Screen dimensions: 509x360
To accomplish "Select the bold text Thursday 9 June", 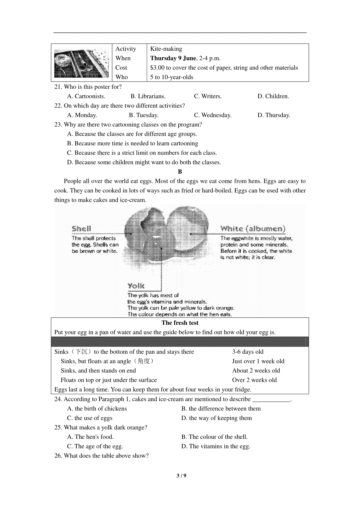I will tap(173, 58).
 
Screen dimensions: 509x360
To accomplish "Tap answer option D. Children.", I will tap(273, 96).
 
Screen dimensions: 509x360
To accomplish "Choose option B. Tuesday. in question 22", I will tap(143, 115).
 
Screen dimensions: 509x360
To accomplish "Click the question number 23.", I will tap(58, 125).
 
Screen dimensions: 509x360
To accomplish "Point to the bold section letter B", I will tap(180, 172).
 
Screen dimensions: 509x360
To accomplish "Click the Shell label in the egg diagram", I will tap(81, 229).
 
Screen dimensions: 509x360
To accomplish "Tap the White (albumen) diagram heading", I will tap(253, 229).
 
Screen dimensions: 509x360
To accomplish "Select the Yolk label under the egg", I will tap(136, 286).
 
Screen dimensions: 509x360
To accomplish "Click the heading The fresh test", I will tap(180, 323).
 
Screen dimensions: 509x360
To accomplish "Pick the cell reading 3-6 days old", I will tap(248, 352).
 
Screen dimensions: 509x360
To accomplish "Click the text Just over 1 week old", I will tap(258, 361).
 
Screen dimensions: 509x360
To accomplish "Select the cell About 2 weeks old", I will tap(256, 371).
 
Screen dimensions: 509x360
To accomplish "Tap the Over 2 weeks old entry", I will tap(254, 380).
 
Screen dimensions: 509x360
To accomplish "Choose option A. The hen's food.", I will tap(90, 437).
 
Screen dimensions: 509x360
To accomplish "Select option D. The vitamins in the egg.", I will tap(216, 446).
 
